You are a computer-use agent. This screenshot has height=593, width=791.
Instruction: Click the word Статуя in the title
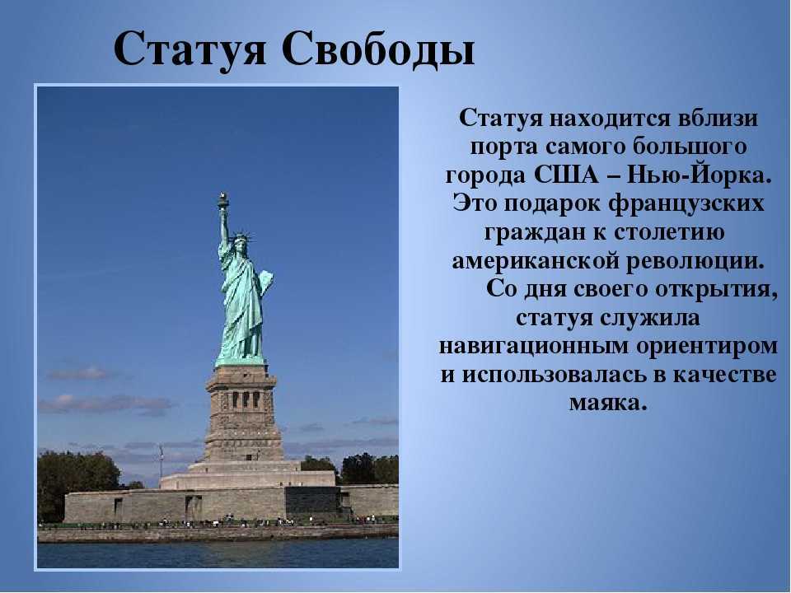[190, 49]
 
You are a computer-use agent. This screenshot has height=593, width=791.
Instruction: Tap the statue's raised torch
[223, 201]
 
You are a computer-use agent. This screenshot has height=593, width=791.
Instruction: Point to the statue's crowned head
[239, 241]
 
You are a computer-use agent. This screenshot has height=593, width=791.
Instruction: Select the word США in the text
[565, 175]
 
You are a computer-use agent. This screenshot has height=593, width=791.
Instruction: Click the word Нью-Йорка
[700, 175]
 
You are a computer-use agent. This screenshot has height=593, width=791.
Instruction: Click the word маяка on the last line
[608, 404]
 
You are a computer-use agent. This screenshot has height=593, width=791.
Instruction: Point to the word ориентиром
[707, 348]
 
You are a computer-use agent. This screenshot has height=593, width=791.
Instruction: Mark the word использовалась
[547, 376]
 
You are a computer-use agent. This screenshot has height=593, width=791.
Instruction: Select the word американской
[536, 262]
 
